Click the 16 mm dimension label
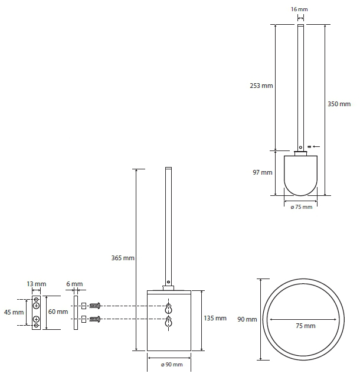[x=299, y=9]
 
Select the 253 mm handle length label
[x=261, y=86]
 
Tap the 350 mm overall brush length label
[x=339, y=104]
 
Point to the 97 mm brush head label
[x=263, y=172]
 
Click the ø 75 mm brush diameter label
[x=302, y=207]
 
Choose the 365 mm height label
[x=123, y=258]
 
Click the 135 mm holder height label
[x=215, y=318]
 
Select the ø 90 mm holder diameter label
[x=172, y=365]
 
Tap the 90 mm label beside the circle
[x=247, y=319]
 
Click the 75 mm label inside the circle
[x=306, y=326]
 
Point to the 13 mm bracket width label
[x=37, y=284]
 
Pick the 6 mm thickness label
[x=75, y=284]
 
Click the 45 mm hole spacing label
[x=14, y=312]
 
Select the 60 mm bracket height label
[x=58, y=312]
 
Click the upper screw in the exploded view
[x=95, y=306]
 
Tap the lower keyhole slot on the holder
[x=168, y=322]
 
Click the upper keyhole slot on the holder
[x=168, y=309]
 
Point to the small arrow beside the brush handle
[x=316, y=146]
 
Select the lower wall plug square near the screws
[x=84, y=319]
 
